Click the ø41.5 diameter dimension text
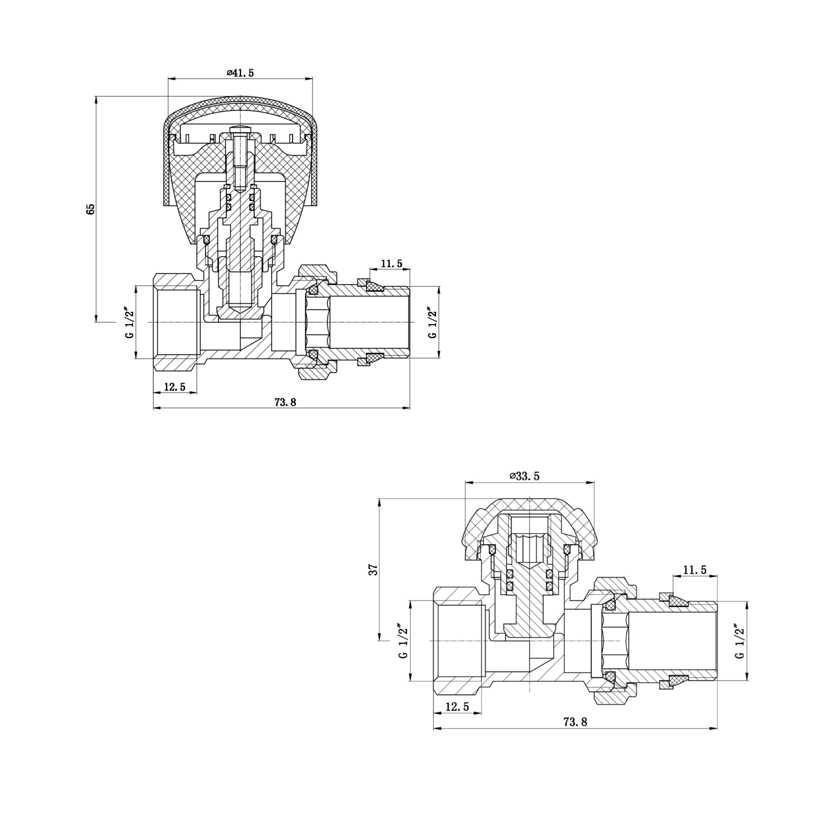pyautogui.click(x=240, y=73)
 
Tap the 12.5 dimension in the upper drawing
pyautogui.click(x=175, y=387)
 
